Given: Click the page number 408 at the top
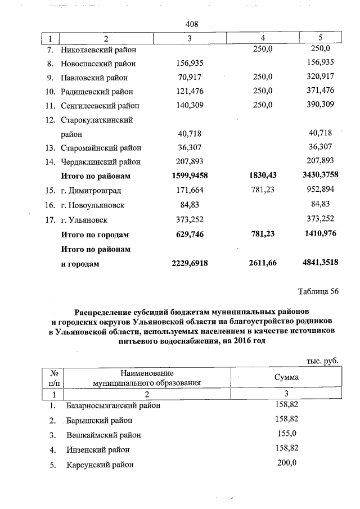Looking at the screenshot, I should coord(192,24).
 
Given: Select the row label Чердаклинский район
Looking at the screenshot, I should coord(101,162).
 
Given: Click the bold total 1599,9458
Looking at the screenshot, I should coord(189,176).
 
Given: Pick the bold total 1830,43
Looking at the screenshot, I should coord(263,176).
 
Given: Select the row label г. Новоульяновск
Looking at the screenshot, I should coord(93,205).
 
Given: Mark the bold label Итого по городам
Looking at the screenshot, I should coord(95,234).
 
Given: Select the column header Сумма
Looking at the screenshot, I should coord(286,377).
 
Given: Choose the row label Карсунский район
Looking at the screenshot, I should coord(100,465).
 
